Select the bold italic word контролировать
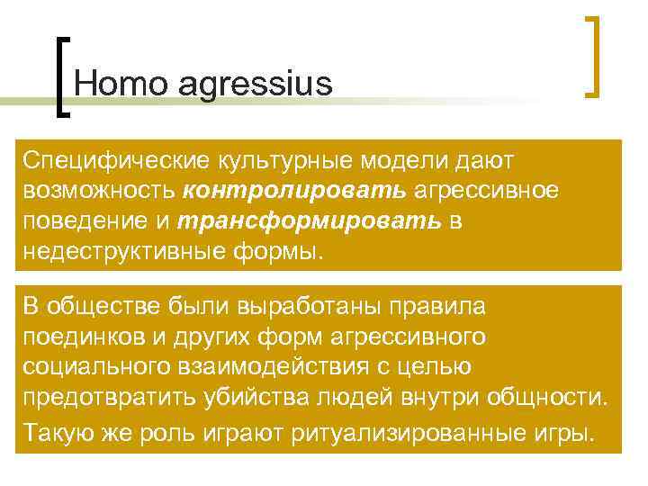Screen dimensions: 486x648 point(295,192)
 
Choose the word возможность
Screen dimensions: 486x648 point(100,192)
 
